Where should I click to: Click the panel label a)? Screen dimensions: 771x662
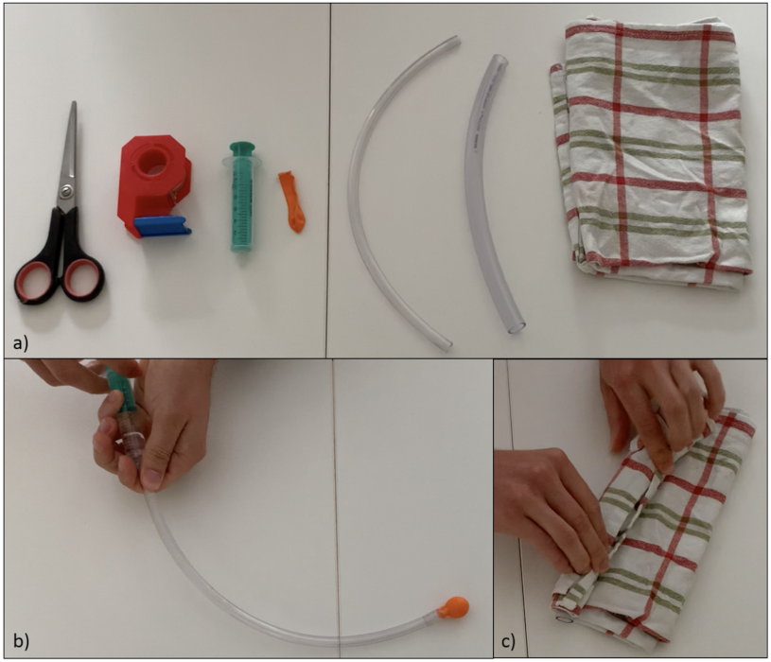point(21,343)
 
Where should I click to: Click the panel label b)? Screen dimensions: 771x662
point(21,641)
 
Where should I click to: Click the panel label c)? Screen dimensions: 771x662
point(508,641)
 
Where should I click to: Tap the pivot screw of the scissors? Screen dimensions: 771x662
point(66,190)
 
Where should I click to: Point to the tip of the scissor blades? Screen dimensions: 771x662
point(74,103)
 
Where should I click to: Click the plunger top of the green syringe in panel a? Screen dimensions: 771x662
point(242,146)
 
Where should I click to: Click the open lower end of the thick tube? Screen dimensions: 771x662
point(517,326)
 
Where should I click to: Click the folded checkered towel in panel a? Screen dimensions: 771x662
point(652,152)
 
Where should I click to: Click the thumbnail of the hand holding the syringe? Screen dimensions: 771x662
point(153,479)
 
